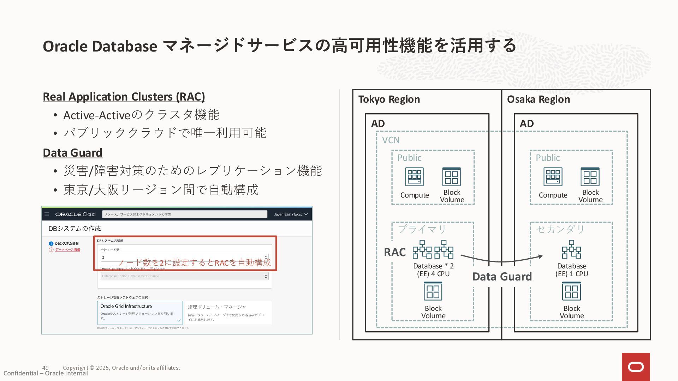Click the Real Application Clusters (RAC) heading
tap(124, 97)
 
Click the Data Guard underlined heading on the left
tap(72, 153)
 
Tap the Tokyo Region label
tap(389, 99)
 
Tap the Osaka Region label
tap(538, 99)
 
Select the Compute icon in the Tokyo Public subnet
tap(414, 177)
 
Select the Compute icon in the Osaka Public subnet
tap(553, 177)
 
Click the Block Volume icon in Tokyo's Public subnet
tap(452, 177)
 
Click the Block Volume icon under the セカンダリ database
tap(571, 291)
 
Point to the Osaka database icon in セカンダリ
tap(571, 249)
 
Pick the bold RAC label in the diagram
tap(395, 252)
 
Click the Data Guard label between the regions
tap(502, 277)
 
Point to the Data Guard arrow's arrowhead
tap(540, 256)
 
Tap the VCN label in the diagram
tap(391, 140)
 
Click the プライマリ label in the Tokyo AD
tap(422, 229)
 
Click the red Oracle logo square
tap(636, 367)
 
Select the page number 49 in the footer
tap(45, 368)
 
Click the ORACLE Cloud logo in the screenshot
tap(75, 214)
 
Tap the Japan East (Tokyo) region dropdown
tap(291, 214)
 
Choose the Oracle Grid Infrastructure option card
tap(140, 313)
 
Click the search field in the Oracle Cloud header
tap(184, 214)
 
